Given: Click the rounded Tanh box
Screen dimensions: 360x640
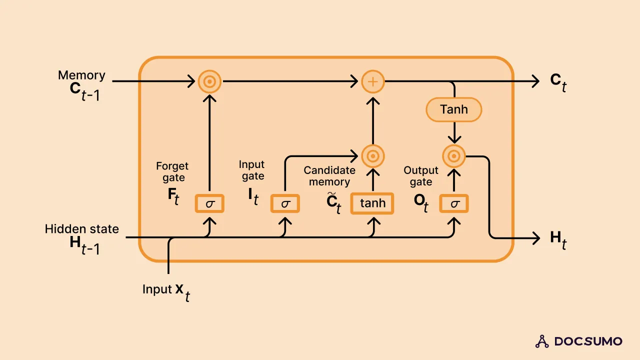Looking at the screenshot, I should pos(453,109).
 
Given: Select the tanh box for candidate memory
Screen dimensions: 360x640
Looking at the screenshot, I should pos(372,203).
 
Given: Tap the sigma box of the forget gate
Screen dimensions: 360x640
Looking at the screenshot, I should pos(209,203).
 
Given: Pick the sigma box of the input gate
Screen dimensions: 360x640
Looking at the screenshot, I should pos(285,203).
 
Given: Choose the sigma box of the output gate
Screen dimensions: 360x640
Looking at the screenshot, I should pos(454,203).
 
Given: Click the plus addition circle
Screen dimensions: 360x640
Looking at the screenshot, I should pos(372,81).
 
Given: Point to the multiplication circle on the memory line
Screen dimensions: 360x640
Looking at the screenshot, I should pos(209,81).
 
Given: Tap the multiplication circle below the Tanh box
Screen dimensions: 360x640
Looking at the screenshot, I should pos(454,156).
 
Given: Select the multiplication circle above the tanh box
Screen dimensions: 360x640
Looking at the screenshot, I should pos(372,156).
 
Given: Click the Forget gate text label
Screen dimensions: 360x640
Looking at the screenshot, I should pos(172,171).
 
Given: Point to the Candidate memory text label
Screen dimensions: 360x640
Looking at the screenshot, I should pos(329,176).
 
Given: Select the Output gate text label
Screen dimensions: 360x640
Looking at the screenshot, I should pos(421,176).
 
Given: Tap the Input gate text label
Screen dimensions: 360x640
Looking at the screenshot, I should pos(251,170).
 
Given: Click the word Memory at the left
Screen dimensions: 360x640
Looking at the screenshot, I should pos(81,75).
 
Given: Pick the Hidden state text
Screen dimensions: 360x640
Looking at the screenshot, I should pos(82,229).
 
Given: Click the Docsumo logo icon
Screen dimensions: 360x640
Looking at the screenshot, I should pos(542,341).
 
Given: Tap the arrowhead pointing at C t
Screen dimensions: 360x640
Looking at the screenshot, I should pos(535,81).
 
